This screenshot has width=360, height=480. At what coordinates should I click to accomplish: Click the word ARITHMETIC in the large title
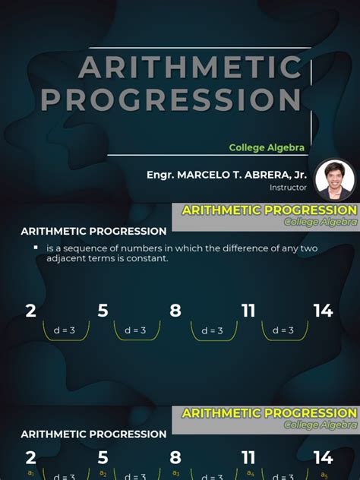[x=190, y=68]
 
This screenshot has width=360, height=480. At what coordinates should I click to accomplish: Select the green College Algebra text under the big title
[x=267, y=147]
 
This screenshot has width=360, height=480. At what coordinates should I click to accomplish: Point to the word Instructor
[x=288, y=187]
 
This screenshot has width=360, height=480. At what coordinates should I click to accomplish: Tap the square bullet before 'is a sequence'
[x=36, y=248]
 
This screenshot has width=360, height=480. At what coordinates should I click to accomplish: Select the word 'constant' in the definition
[x=148, y=259]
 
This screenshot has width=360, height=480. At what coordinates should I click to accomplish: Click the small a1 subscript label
[x=31, y=472]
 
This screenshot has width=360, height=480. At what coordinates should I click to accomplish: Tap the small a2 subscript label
[x=104, y=472]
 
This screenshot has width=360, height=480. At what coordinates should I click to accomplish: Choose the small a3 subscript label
[x=176, y=472]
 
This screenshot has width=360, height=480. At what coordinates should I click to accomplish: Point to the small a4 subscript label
[x=250, y=472]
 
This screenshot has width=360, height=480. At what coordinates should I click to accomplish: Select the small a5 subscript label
[x=324, y=473]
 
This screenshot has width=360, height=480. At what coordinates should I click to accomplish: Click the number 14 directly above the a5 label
[x=324, y=457]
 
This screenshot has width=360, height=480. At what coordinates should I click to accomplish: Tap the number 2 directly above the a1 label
[x=31, y=457]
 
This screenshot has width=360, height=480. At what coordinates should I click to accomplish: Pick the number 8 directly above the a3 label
[x=175, y=457]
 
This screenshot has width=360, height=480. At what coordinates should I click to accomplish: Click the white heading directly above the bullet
[x=93, y=232]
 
